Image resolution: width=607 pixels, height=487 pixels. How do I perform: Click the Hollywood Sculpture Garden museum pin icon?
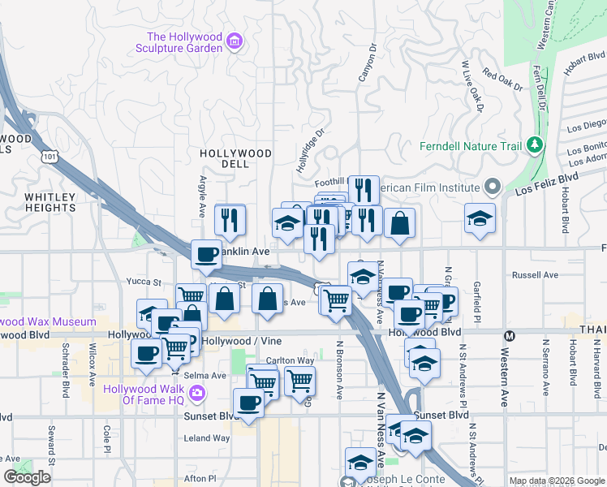[x=235, y=41]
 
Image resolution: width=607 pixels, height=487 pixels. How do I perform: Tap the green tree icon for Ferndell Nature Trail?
[x=534, y=145]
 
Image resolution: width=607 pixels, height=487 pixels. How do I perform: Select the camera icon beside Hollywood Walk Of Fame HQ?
[x=196, y=394]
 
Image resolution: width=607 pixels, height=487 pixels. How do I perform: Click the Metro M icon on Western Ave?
[x=510, y=335]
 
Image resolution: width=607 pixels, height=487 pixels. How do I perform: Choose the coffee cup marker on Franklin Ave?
[x=207, y=254]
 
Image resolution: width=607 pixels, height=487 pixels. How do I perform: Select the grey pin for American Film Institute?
[x=491, y=187]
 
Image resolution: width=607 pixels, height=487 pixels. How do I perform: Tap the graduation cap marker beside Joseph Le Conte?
[x=360, y=462]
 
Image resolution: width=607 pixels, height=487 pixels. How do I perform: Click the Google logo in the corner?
[x=27, y=477]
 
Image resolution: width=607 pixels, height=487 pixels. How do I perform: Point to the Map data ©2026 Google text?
[x=557, y=481]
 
